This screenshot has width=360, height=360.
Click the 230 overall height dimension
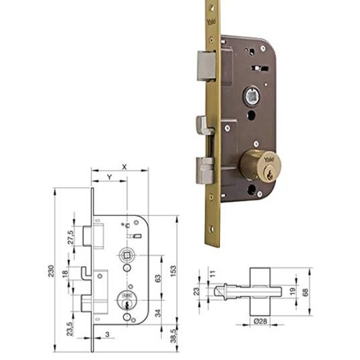pos(51,271)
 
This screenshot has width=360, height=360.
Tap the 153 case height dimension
pos(173,271)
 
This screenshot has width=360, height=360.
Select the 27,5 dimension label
pos(71,237)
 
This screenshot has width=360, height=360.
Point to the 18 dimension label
pos(65,273)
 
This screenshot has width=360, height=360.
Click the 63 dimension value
pos(158,278)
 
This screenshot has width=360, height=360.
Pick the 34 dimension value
pos(158,313)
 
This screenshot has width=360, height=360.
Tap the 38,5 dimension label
pos(173,335)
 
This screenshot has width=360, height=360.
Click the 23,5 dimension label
pos(70,329)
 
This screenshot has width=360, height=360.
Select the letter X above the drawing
pos(124,167)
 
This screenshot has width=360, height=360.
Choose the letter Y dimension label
pos(110,177)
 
